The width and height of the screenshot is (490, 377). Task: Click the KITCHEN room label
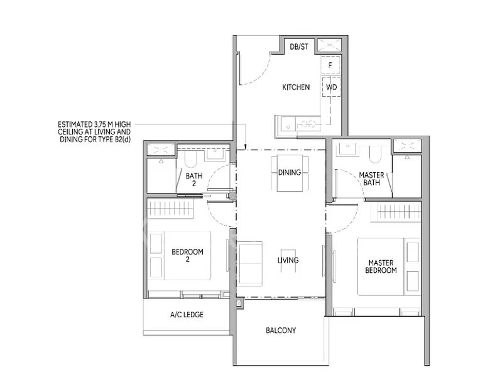pyautogui.click(x=295, y=87)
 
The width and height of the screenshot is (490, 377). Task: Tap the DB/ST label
pyautogui.click(x=298, y=46)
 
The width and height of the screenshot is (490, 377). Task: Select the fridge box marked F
pyautogui.click(x=330, y=65)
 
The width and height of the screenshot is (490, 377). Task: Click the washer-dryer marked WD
pyautogui.click(x=331, y=87)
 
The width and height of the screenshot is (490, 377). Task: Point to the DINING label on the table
pyautogui.click(x=289, y=173)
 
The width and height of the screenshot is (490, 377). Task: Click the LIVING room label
pyautogui.click(x=288, y=260)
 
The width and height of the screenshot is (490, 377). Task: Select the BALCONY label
pyautogui.click(x=281, y=330)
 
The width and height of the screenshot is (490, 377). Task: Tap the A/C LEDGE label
pyautogui.click(x=187, y=315)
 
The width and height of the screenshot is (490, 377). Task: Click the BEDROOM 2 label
pyautogui.click(x=187, y=256)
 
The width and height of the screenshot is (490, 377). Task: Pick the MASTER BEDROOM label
pyautogui.click(x=382, y=266)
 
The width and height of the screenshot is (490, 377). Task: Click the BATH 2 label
pyautogui.click(x=193, y=180)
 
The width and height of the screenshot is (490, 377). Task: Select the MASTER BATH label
pyautogui.click(x=371, y=178)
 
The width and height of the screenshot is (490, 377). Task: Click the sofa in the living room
pyautogui.click(x=251, y=263)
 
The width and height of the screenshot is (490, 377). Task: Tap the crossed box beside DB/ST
pyautogui.click(x=328, y=46)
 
